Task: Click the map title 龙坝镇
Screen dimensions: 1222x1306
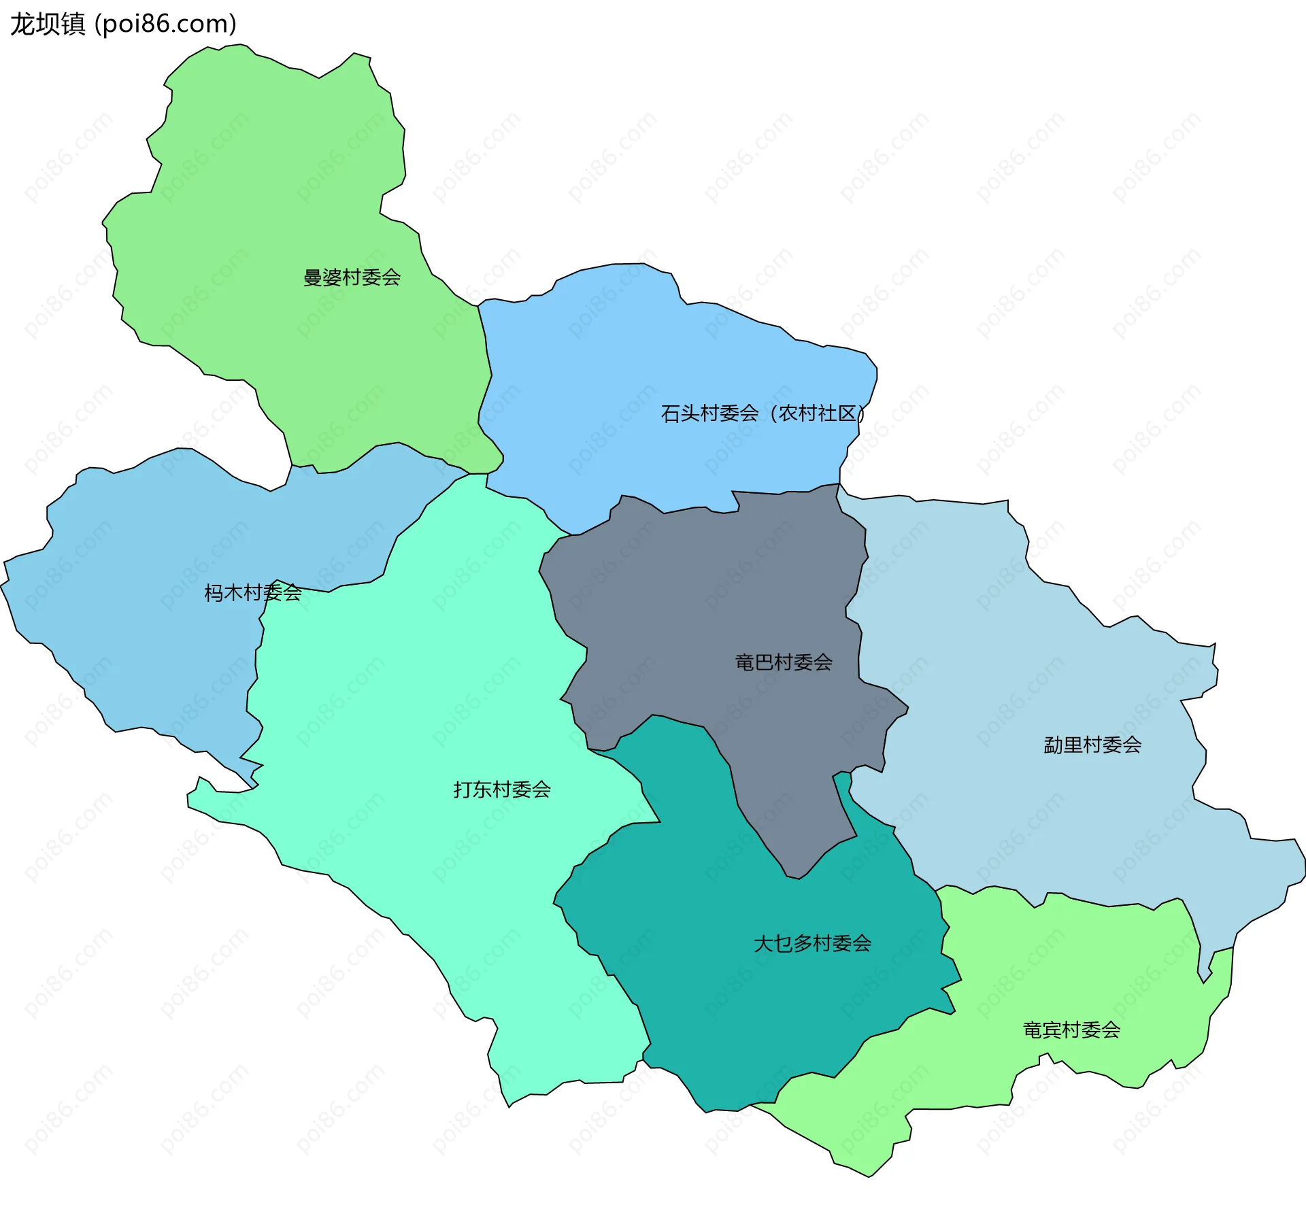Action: [48, 24]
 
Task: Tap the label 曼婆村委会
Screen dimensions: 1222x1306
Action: [352, 277]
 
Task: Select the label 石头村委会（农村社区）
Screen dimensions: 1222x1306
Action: [763, 413]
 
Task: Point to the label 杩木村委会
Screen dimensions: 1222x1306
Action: [253, 593]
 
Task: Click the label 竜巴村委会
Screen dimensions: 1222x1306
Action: [784, 662]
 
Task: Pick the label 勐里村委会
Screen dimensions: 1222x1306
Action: [1092, 745]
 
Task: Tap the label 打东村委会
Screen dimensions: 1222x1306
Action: [502, 790]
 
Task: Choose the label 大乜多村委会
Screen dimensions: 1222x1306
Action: [812, 944]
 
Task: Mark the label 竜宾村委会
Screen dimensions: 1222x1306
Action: [1071, 1030]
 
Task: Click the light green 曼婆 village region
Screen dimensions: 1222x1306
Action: [272, 170]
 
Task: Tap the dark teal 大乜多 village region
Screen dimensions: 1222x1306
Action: [748, 1006]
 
